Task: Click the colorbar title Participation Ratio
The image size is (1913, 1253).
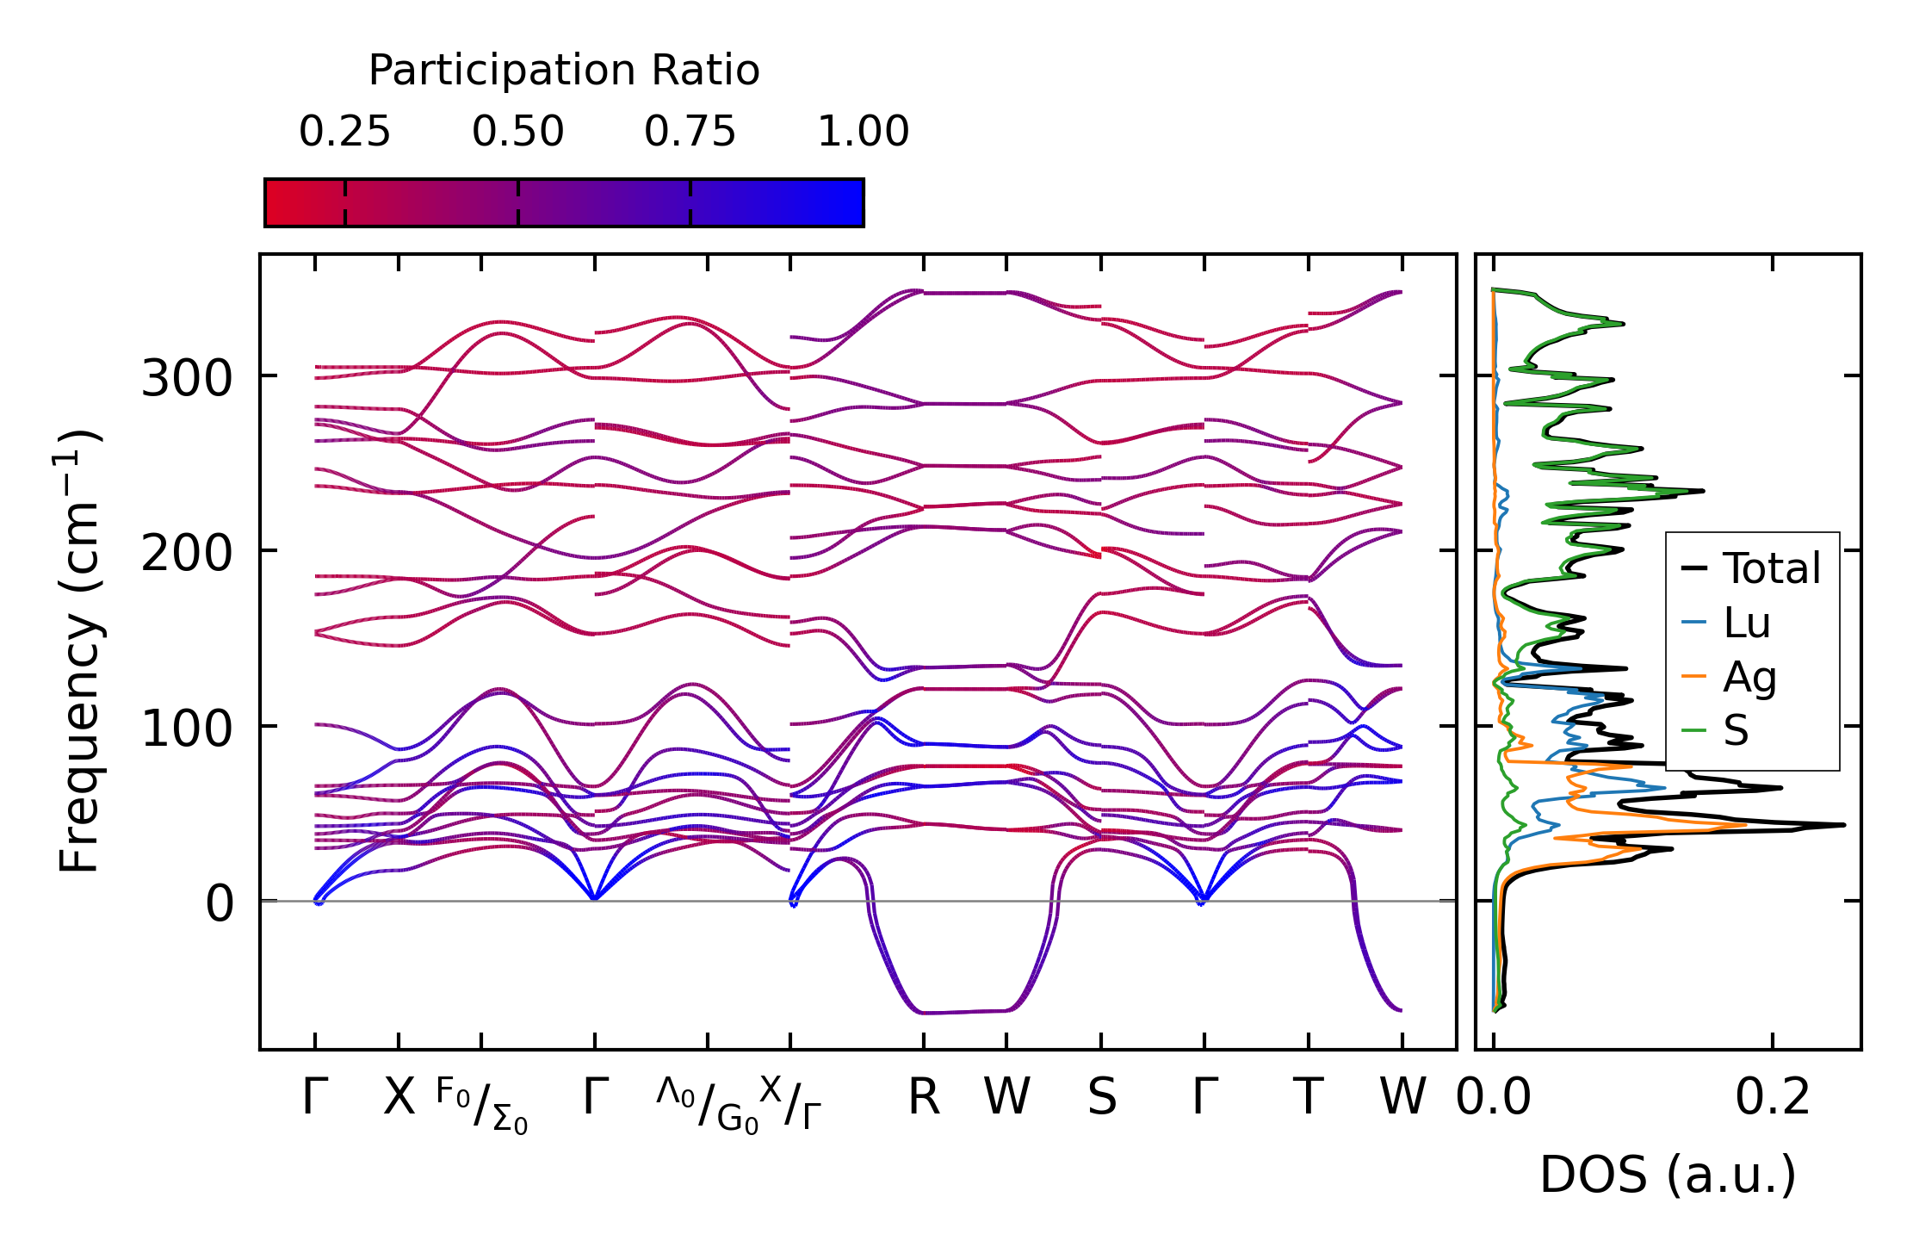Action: click(x=564, y=71)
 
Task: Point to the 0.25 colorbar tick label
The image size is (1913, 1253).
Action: click(x=344, y=132)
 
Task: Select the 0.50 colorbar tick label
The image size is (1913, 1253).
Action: click(x=517, y=132)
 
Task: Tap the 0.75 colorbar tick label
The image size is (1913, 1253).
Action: click(x=690, y=132)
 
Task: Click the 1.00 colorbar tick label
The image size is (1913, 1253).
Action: click(x=863, y=132)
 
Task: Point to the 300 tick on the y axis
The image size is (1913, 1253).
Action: click(x=187, y=378)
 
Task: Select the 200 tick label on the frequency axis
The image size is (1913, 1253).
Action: click(x=187, y=553)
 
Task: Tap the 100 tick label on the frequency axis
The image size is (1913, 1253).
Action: click(x=187, y=729)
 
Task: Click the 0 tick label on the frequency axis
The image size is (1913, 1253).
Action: click(x=220, y=904)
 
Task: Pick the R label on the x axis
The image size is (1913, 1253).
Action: click(x=923, y=1097)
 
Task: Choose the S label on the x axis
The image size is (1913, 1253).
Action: click(x=1101, y=1097)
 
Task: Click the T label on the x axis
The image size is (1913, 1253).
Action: click(x=1308, y=1097)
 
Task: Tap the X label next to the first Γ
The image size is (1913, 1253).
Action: click(x=399, y=1097)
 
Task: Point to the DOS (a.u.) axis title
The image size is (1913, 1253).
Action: click(x=1668, y=1175)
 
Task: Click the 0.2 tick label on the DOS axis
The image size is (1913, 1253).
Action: click(x=1772, y=1097)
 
